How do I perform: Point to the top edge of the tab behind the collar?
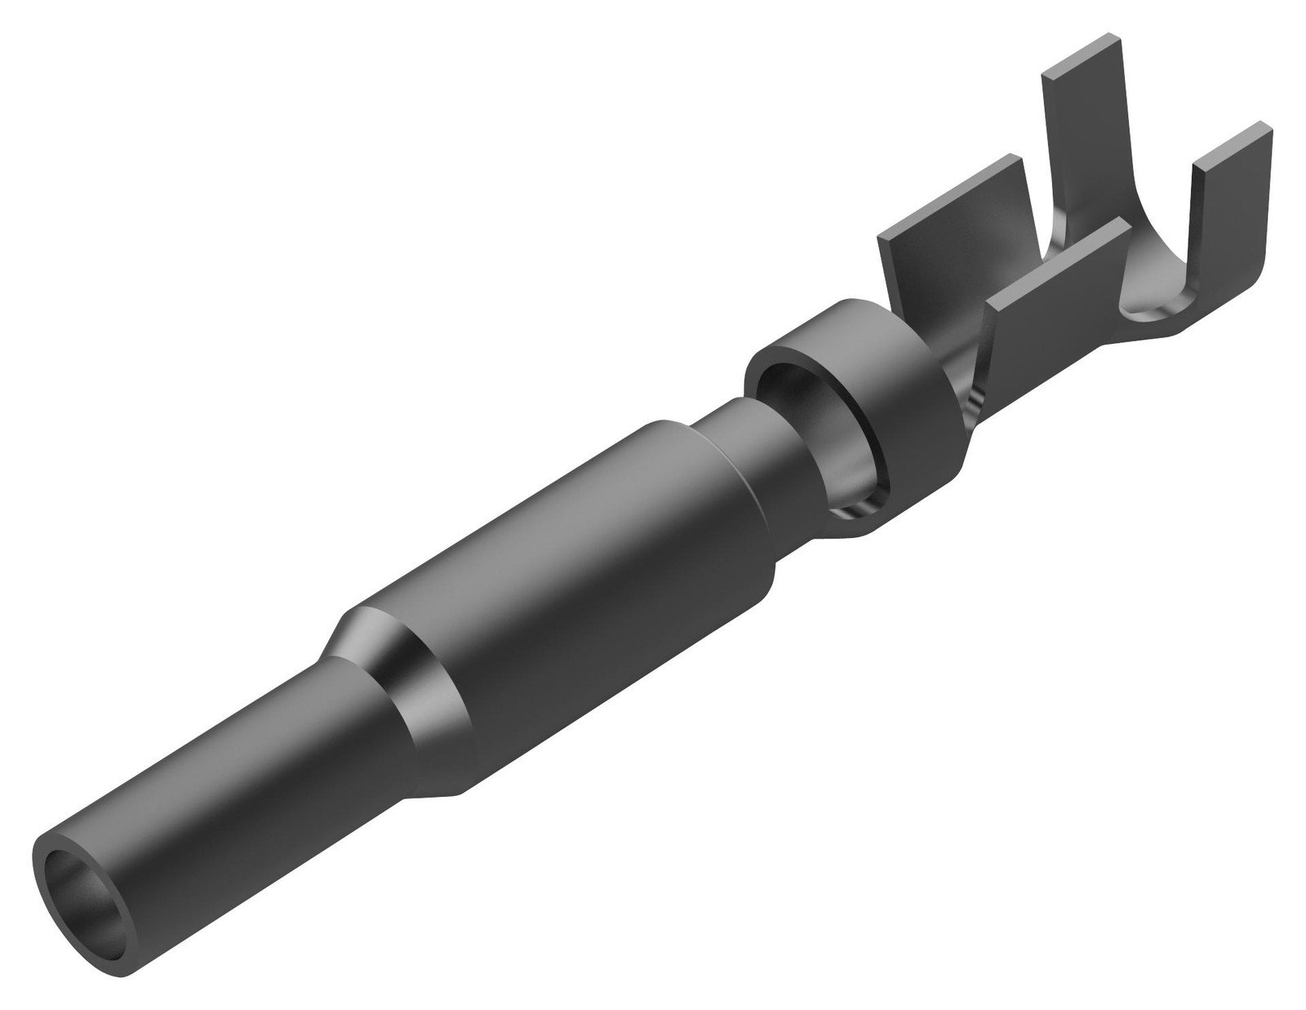coord(947,180)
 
